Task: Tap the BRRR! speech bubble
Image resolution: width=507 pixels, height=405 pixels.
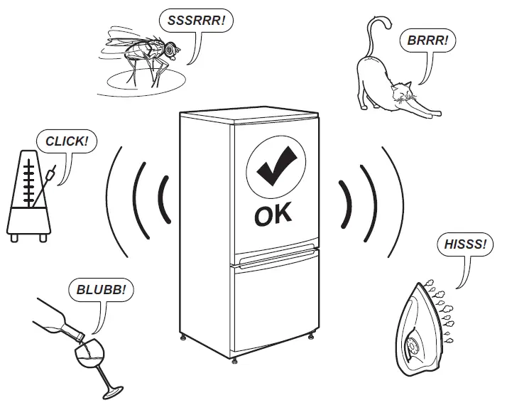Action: [427, 40]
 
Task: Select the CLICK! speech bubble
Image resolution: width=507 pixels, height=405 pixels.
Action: [67, 141]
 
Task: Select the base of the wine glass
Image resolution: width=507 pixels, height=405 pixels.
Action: [111, 391]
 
